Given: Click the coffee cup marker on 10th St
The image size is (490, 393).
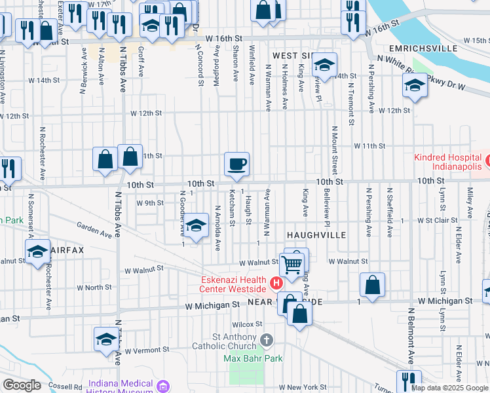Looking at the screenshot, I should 236,164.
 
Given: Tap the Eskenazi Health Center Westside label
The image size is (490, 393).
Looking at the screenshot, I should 233,284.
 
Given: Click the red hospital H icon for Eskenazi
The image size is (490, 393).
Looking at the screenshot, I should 276,284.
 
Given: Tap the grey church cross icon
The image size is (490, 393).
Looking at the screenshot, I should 265,339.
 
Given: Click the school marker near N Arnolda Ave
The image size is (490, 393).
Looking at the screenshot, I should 195,227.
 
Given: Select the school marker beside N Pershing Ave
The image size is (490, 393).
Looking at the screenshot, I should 414,86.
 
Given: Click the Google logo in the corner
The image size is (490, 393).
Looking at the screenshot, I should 21,385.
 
